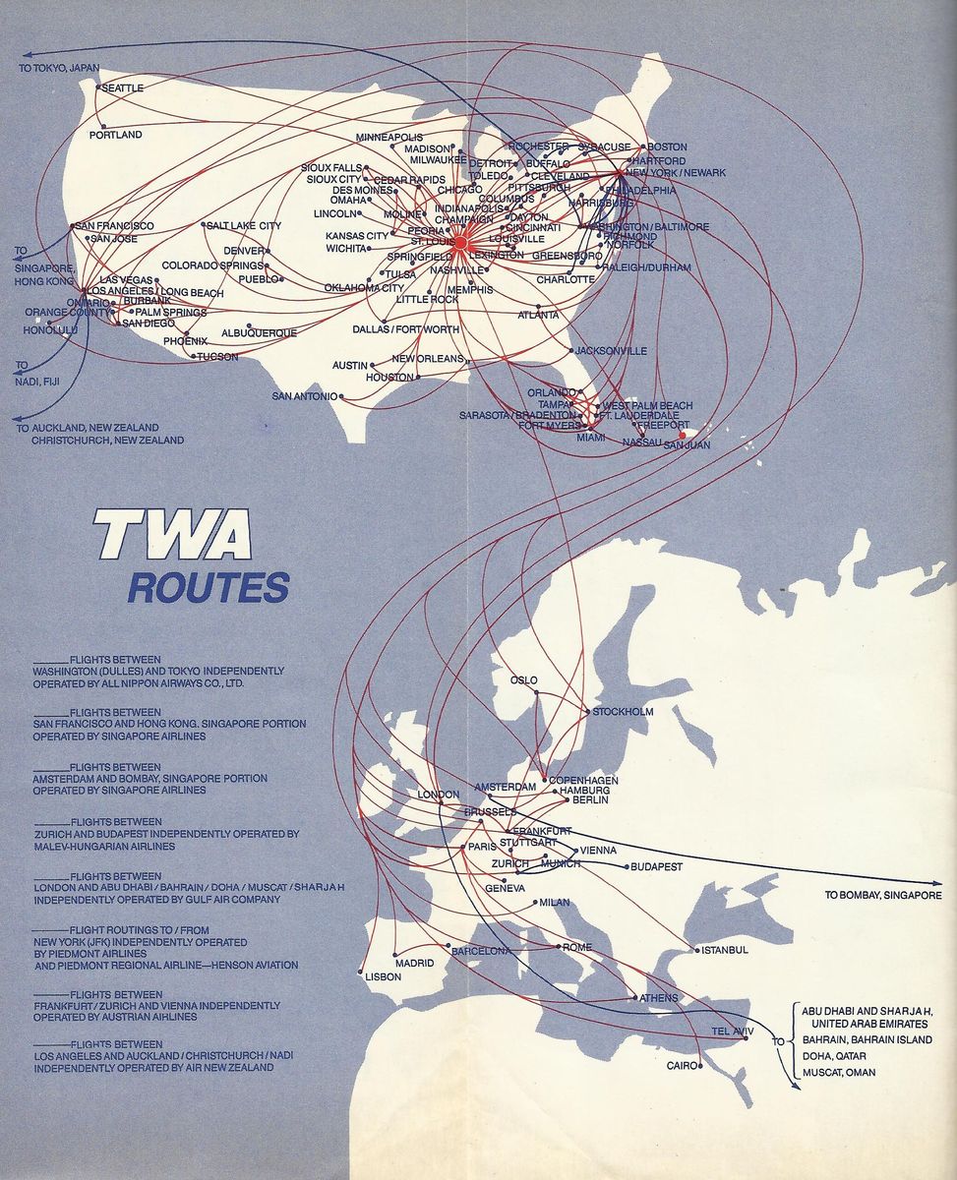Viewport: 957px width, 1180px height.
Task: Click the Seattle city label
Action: click(123, 88)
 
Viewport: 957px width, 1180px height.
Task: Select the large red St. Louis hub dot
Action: click(459, 242)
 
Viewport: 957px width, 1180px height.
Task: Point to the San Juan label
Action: click(687, 445)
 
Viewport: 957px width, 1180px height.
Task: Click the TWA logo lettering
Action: click(172, 537)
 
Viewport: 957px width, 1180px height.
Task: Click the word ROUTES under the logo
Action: click(208, 587)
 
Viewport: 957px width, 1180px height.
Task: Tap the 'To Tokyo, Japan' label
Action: click(59, 68)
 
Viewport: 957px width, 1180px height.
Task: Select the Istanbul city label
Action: click(725, 950)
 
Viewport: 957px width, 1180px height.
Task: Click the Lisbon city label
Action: click(383, 976)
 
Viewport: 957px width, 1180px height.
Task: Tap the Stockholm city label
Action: click(623, 712)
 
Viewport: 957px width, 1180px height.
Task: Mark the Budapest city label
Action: click(656, 866)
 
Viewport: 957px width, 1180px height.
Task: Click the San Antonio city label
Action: click(305, 396)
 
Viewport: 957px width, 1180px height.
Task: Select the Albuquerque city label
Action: click(259, 333)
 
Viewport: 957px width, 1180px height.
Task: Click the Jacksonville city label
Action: click(611, 350)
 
